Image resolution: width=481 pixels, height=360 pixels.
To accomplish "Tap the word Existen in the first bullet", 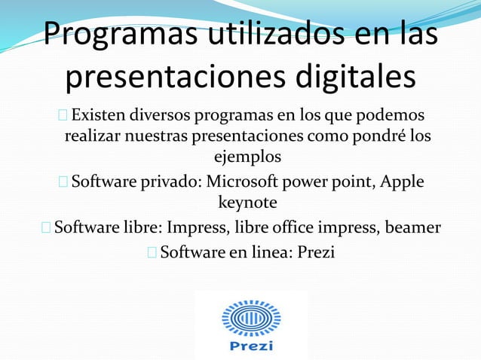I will pyautogui.click(x=99, y=117).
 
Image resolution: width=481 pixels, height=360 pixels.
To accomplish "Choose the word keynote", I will pyautogui.click(x=247, y=203).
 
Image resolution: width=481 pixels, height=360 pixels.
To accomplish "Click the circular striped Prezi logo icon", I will pyautogui.click(x=250, y=319).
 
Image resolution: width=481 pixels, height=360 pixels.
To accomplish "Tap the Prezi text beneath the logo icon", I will pyautogui.click(x=250, y=347).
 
